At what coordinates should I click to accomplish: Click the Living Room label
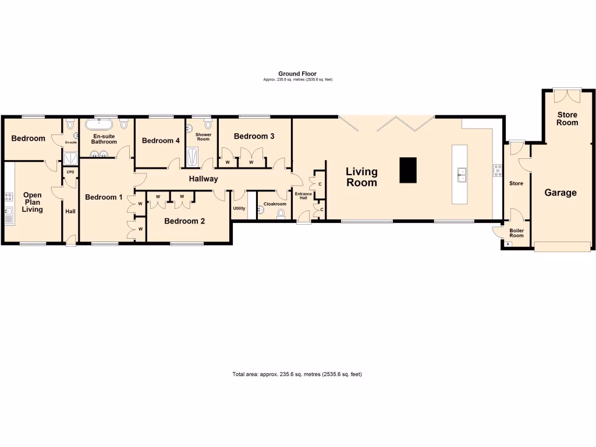pos(361,177)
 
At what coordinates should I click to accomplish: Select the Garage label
pos(560,193)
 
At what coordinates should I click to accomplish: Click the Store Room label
pos(567,119)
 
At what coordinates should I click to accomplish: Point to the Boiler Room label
pos(516,233)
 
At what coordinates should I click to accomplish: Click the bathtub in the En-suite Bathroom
pos(100,125)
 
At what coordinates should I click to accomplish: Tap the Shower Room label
pos(203,137)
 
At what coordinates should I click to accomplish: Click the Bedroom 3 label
pos(254,136)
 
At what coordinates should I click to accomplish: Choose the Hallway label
pos(203,179)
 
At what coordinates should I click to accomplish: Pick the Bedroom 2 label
pos(185,221)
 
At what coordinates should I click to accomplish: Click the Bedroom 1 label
pos(104,197)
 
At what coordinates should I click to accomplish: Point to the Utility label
pos(239,208)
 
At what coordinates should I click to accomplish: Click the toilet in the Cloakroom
pos(282,214)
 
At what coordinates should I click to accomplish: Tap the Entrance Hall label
pos(303,196)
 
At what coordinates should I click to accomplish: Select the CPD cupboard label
pos(70,172)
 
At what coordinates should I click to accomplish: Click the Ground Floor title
pos(297,74)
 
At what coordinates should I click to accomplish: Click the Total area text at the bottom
pos(297,374)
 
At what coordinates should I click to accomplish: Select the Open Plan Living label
pos(33,202)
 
